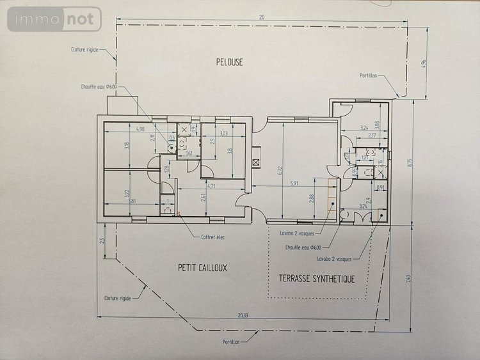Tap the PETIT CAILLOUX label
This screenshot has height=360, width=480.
pos(202,268)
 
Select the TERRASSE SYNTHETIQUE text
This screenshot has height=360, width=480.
pos(317,278)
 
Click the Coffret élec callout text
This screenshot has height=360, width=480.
pos(212,237)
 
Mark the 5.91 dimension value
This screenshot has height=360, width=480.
pos(294,184)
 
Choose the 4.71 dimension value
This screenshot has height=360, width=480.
pos(211,185)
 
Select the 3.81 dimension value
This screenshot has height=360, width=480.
pos(131,201)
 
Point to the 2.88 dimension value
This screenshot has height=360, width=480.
pos(312,199)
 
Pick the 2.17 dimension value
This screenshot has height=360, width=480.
pos(372,135)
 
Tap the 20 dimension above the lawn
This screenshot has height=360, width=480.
pos(261,17)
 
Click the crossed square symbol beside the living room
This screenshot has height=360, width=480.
pos(256,162)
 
